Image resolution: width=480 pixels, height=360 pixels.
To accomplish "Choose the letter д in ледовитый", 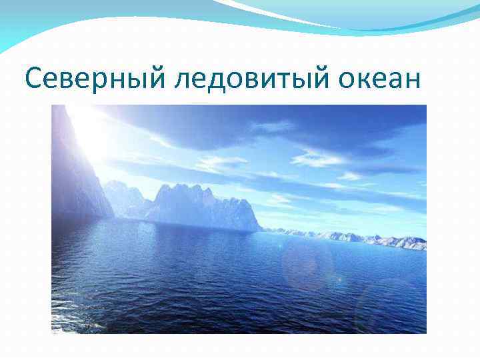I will click(211, 81).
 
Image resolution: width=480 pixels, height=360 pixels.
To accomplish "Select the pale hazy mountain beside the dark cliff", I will click(123, 197).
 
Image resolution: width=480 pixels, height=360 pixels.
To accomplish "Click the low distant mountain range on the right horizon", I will click(360, 237).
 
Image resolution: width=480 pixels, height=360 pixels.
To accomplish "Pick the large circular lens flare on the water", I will click(307, 264).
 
